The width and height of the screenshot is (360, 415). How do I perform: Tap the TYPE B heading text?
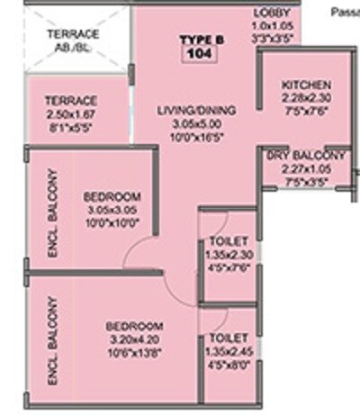194,41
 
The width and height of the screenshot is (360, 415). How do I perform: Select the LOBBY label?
270,13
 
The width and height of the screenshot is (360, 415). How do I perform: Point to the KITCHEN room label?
299,86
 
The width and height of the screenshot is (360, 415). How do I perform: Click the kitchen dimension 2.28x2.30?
300,96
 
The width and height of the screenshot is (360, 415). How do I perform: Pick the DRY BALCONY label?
307,156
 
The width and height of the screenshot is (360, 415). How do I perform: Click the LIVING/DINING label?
196,111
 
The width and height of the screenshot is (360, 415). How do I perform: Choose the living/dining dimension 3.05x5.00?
196,124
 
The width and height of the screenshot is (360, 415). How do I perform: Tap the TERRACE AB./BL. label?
73,39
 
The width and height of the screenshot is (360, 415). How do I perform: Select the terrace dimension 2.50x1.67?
73,113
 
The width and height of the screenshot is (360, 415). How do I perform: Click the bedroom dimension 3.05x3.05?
112,210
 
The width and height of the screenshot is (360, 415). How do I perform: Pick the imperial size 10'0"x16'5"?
196,137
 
